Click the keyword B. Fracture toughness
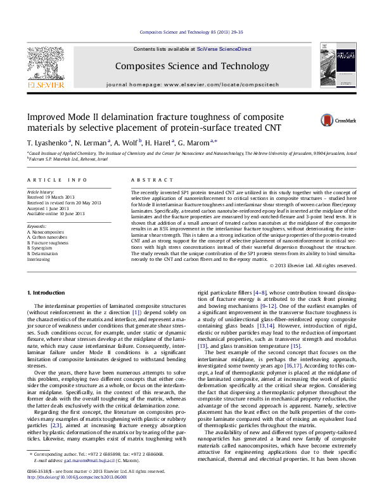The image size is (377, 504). (48, 242)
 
